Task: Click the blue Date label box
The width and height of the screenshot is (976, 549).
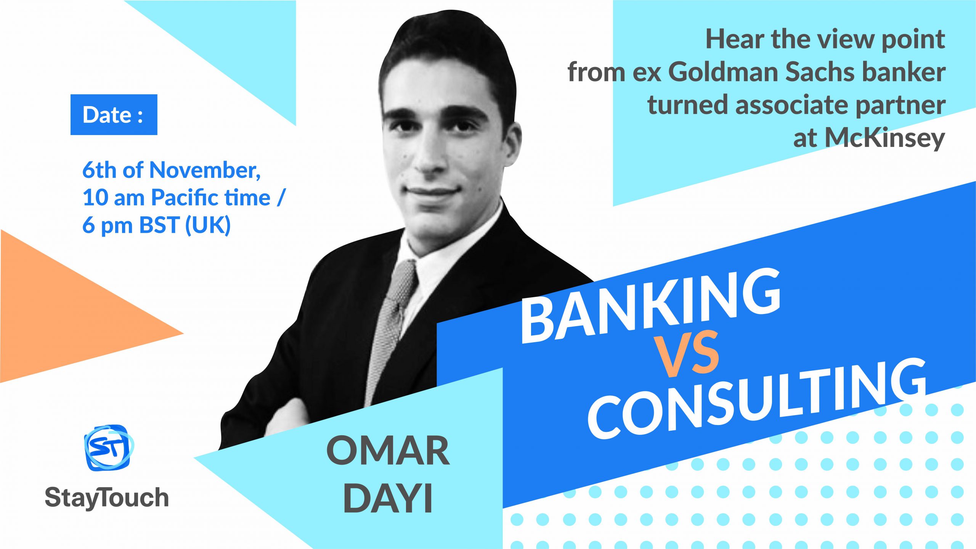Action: pos(114,114)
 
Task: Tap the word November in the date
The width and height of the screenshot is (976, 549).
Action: pos(205,170)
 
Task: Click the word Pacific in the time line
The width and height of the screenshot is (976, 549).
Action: pos(210,198)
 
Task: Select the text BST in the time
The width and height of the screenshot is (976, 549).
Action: pos(159,225)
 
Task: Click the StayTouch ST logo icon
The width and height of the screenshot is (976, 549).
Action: pos(109,448)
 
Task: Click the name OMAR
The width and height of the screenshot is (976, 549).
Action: pos(388,451)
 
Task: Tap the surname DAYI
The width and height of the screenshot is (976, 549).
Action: pos(388,498)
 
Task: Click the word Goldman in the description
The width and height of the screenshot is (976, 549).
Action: pos(723,72)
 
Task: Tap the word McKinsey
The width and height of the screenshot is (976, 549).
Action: pos(885,138)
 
